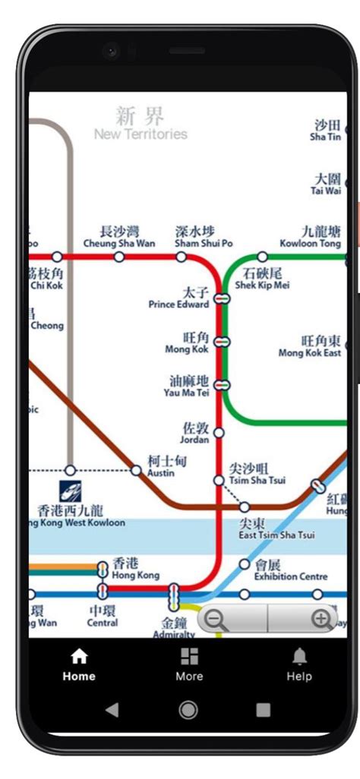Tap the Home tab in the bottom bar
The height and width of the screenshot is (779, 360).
pos(79,664)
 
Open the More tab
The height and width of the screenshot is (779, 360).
pos(189,664)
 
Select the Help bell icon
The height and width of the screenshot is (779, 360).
pos(299,664)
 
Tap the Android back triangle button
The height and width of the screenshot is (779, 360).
pos(112,710)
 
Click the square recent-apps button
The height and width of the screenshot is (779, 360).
pos(263,710)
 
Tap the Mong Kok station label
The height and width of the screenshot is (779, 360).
pos(187,342)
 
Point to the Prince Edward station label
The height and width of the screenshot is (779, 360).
pos(179,298)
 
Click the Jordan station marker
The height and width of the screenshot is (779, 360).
pos(219,432)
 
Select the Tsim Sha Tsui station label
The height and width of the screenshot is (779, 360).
pos(257,474)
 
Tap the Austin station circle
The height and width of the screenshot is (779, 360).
pos(136,471)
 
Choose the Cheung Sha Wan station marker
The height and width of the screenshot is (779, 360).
pos(119,257)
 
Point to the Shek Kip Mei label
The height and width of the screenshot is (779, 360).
pos(262,279)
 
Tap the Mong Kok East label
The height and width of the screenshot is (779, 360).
pos(310,347)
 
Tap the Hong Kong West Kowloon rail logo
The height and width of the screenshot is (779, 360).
pos(71,490)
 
